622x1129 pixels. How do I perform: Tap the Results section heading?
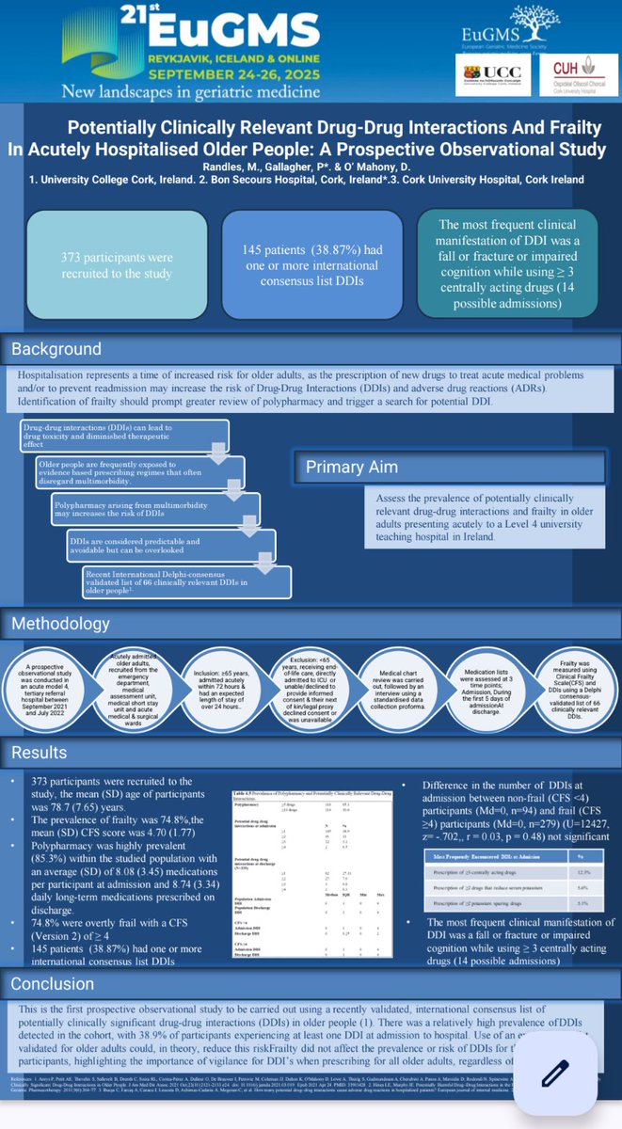point(40,753)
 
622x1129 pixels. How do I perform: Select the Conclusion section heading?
point(54,984)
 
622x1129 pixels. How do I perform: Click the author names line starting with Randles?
point(311,165)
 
